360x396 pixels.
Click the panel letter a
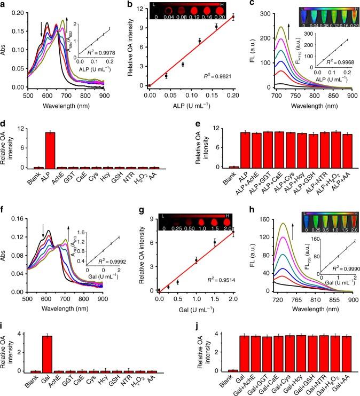pyautogui.click(x=4, y=5)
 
